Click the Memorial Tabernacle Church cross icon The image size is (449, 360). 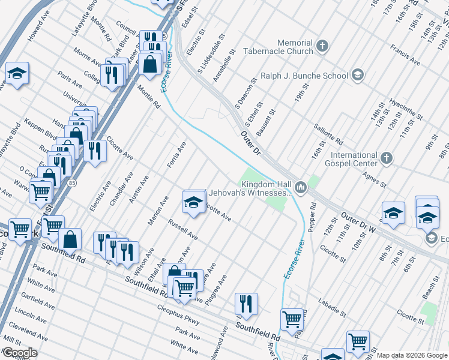tap(322, 46)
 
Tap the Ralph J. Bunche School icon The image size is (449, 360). tap(358, 75)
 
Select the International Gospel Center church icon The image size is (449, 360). tap(387, 158)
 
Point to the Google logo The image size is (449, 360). tap(19, 353)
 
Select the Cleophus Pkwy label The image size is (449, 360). tap(178, 314)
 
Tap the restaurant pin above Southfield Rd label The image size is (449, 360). tap(246, 304)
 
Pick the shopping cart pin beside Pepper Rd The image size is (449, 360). tap(292, 319)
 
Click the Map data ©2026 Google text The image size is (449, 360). tap(411, 355)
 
